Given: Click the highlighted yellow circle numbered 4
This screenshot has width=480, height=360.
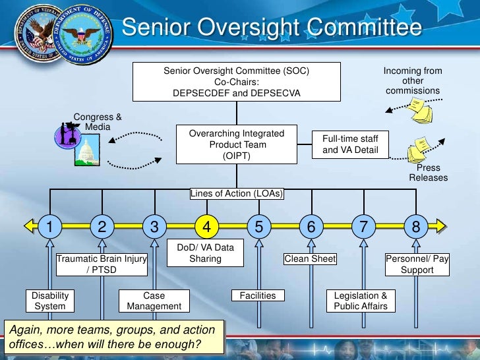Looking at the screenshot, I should pyautogui.click(x=206, y=227).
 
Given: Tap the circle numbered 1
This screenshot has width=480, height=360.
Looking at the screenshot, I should pyautogui.click(x=49, y=227).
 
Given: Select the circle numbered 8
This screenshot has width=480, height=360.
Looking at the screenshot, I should pyautogui.click(x=415, y=227).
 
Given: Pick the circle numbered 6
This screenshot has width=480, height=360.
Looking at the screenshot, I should pyautogui.click(x=311, y=227).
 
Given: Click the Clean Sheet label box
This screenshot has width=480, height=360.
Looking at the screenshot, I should pyautogui.click(x=310, y=259).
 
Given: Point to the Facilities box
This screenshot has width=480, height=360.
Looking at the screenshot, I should pyautogui.click(x=258, y=295).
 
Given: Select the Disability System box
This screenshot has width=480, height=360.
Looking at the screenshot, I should pyautogui.click(x=50, y=301).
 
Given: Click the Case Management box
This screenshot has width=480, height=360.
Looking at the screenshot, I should pyautogui.click(x=154, y=301).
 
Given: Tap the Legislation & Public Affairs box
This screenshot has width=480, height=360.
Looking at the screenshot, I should pyautogui.click(x=360, y=301).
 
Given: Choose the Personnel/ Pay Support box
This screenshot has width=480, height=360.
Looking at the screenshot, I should pyautogui.click(x=417, y=264).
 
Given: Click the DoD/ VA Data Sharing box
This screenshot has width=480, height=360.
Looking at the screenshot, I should pyautogui.click(x=206, y=253).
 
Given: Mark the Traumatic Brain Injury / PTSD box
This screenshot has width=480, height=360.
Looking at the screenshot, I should pyautogui.click(x=102, y=264).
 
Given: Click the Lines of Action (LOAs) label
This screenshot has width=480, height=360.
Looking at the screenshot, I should pyautogui.click(x=237, y=193).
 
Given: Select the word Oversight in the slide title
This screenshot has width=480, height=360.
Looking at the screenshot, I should pyautogui.click(x=255, y=28).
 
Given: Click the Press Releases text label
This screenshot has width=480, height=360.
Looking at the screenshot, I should pyautogui.click(x=428, y=173).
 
